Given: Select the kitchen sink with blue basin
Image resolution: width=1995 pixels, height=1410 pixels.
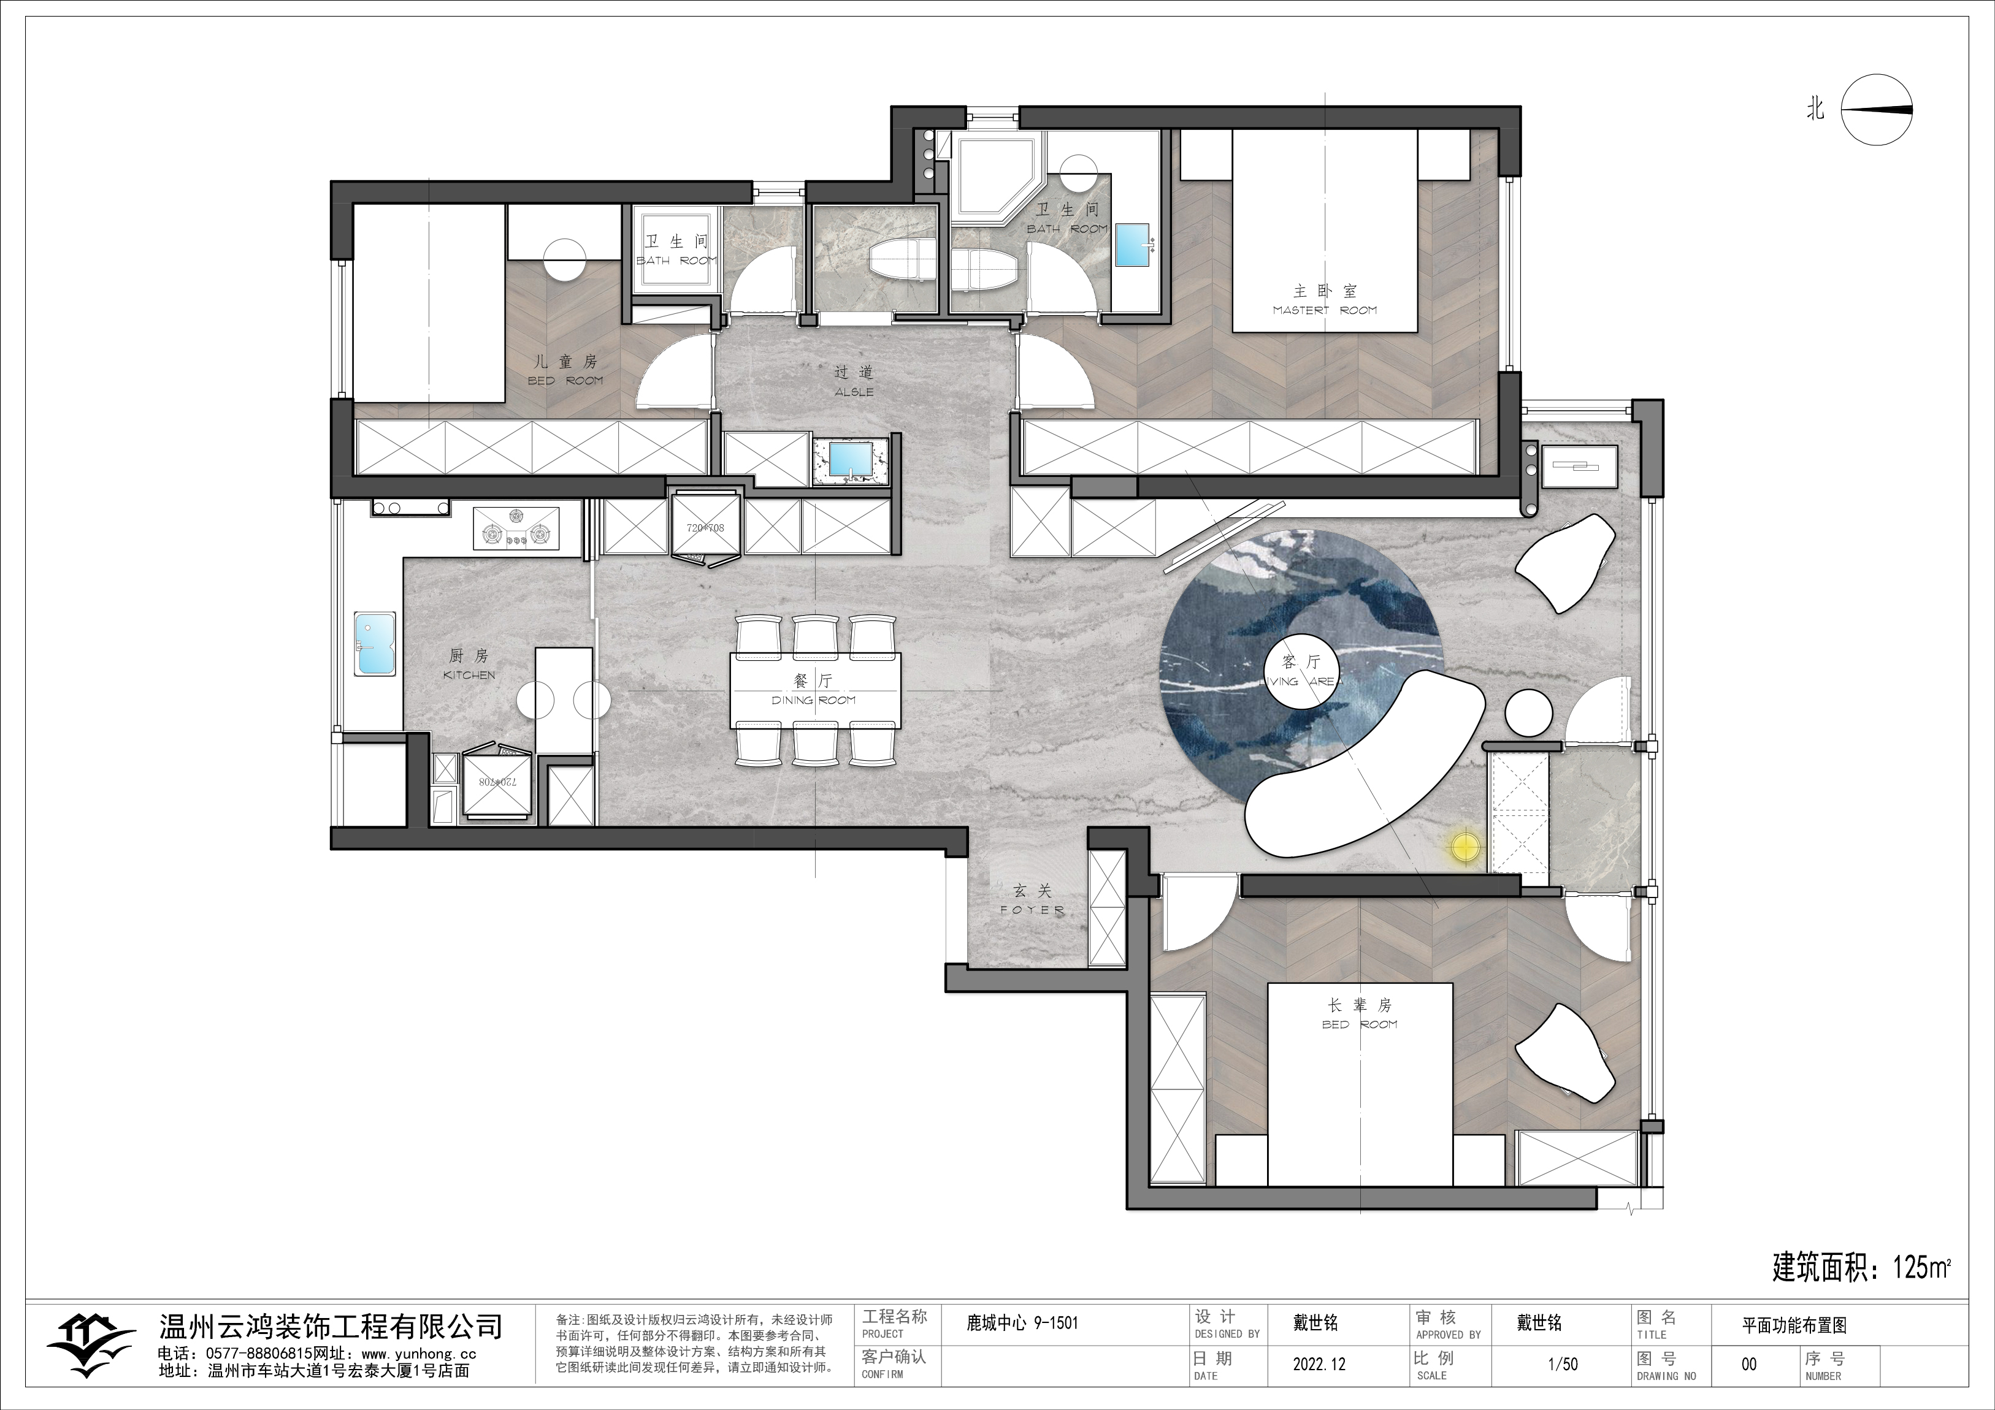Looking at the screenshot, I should [x=375, y=644].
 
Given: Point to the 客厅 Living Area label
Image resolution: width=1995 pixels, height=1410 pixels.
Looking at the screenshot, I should [x=1301, y=671].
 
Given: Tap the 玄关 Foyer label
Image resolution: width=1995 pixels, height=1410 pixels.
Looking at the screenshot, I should [x=1032, y=899].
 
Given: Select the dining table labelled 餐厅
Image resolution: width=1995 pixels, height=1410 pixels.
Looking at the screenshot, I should [x=815, y=691].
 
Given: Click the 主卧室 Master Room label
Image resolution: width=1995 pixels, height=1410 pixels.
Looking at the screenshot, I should [x=1324, y=299].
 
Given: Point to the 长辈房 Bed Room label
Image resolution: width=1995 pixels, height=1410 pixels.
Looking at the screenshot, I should [x=1360, y=1013].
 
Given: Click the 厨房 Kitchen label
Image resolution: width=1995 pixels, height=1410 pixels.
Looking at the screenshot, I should [x=469, y=664].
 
